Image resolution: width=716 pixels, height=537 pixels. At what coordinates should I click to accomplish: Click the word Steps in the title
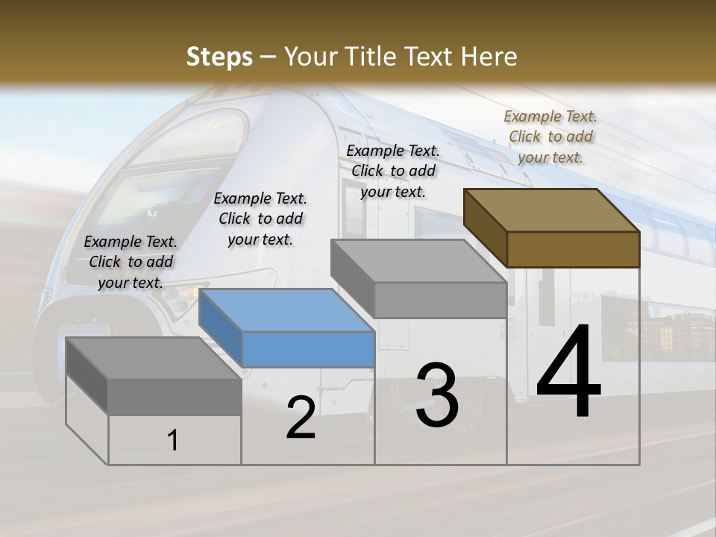[x=219, y=57]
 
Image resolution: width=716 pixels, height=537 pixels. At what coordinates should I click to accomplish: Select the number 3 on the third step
[x=436, y=395]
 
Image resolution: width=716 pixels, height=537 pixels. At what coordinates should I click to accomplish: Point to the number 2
[x=301, y=418]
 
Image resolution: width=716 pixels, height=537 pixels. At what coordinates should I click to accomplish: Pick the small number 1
[x=173, y=440]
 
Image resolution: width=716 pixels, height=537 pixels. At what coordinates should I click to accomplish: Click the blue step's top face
[x=287, y=310]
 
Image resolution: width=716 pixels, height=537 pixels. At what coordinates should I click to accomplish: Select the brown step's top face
[x=552, y=210]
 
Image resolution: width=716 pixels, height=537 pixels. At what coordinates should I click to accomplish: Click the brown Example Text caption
[x=550, y=136]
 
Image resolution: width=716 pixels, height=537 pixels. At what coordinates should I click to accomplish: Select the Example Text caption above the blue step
[x=260, y=219]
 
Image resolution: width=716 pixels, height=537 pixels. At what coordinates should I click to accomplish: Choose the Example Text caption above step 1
[x=131, y=262]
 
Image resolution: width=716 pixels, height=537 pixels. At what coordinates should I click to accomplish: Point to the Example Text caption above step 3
[x=393, y=171]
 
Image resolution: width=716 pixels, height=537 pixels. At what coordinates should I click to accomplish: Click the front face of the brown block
[x=573, y=249]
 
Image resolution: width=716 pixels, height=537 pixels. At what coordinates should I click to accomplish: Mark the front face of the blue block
[x=308, y=349]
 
